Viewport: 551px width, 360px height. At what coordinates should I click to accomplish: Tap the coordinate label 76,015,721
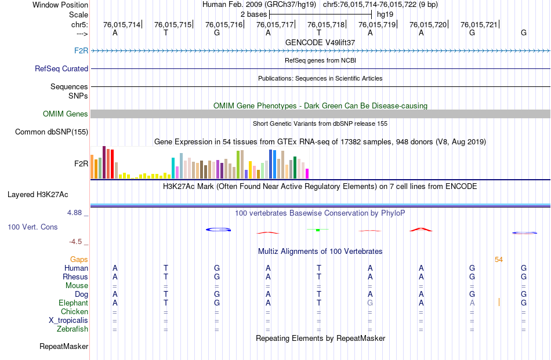click(x=478, y=25)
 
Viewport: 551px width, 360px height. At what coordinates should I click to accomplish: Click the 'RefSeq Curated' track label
click(x=61, y=68)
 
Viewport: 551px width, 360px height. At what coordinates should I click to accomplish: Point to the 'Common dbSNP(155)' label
click(x=52, y=132)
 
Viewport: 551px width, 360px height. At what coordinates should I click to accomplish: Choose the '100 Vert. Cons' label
click(x=32, y=227)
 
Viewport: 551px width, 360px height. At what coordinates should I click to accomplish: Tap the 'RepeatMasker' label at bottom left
click(x=64, y=347)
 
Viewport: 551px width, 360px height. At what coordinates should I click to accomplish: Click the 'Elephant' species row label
click(x=73, y=303)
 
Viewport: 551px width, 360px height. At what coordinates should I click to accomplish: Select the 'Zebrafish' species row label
click(x=73, y=329)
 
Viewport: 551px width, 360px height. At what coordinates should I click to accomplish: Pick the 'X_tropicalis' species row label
click(x=68, y=320)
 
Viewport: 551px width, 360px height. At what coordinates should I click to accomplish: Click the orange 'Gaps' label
click(x=79, y=259)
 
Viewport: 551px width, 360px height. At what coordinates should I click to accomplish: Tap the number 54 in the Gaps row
click(x=499, y=259)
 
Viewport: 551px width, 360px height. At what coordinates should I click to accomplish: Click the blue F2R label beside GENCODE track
click(x=81, y=50)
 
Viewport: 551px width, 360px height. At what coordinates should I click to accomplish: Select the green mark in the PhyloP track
click(x=318, y=230)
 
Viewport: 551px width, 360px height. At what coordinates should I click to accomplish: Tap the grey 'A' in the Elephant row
click(x=472, y=303)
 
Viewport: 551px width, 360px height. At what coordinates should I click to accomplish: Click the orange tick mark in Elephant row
click(x=499, y=302)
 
